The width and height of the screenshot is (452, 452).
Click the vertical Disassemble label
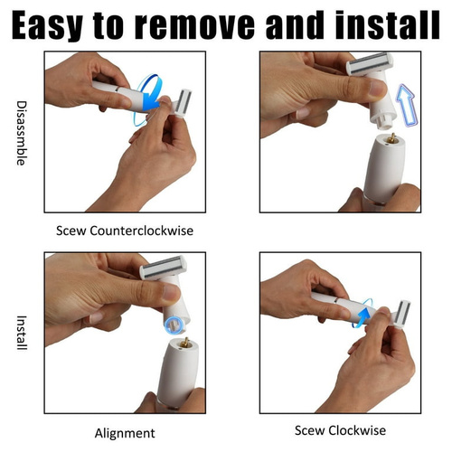20,132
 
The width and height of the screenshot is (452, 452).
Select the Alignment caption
125,433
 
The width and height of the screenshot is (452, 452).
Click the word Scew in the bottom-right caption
310,431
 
